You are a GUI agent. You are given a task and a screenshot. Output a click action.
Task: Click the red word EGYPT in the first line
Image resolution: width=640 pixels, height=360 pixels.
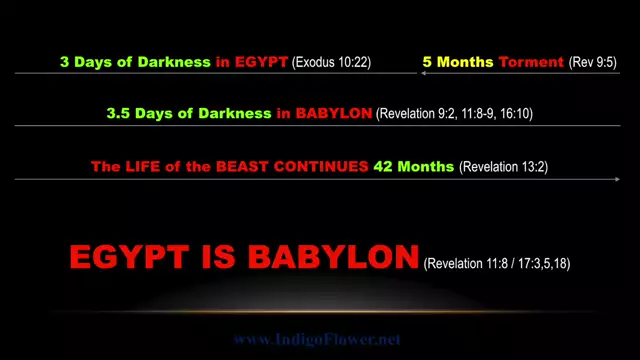tap(259, 62)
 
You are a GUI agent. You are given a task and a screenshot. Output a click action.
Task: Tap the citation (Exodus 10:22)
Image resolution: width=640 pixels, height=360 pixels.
tap(332, 62)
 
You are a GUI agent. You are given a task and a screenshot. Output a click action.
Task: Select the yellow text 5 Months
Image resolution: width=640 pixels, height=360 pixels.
tap(458, 62)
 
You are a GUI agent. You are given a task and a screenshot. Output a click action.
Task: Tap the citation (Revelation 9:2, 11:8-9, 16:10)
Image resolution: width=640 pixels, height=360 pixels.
tap(455, 114)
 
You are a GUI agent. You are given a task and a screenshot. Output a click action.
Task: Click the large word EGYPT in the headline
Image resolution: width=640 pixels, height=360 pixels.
tap(133, 257)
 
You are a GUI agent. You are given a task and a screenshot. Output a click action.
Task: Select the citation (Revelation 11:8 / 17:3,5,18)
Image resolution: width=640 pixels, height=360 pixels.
tap(497, 264)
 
